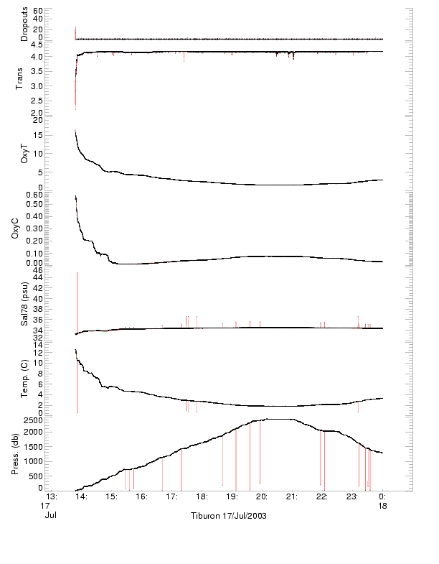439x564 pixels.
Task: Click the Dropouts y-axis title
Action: tap(24, 25)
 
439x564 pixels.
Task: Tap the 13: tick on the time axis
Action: tap(51, 496)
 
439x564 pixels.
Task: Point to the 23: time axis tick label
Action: tap(352, 496)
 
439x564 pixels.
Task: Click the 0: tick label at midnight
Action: tap(382, 496)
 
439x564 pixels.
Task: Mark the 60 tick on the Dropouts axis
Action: tap(37, 11)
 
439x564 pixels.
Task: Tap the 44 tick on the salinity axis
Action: tap(37, 277)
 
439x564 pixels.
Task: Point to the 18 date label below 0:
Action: tap(382, 506)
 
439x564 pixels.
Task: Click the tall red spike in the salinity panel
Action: tap(77, 302)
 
